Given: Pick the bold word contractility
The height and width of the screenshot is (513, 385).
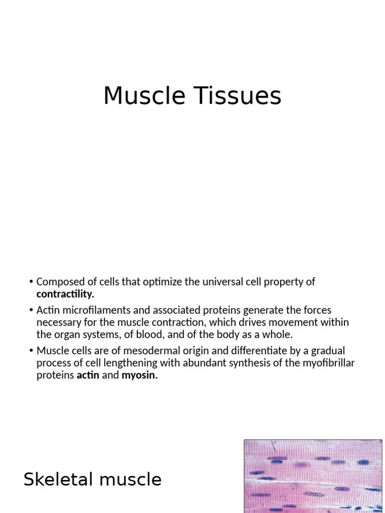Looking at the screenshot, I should [65, 294].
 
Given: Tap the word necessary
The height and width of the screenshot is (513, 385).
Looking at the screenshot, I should [57, 323].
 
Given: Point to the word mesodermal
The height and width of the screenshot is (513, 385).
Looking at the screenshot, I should [165, 351].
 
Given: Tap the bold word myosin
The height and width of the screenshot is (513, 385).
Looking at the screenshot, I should [139, 375].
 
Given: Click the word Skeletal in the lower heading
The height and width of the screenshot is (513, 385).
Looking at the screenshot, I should [59, 479].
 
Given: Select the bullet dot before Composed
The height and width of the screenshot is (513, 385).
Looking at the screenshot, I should [31, 282].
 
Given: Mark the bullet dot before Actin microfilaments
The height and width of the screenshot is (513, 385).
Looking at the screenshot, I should [31, 311].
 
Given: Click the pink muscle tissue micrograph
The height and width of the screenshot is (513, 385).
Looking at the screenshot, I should [313, 476].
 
